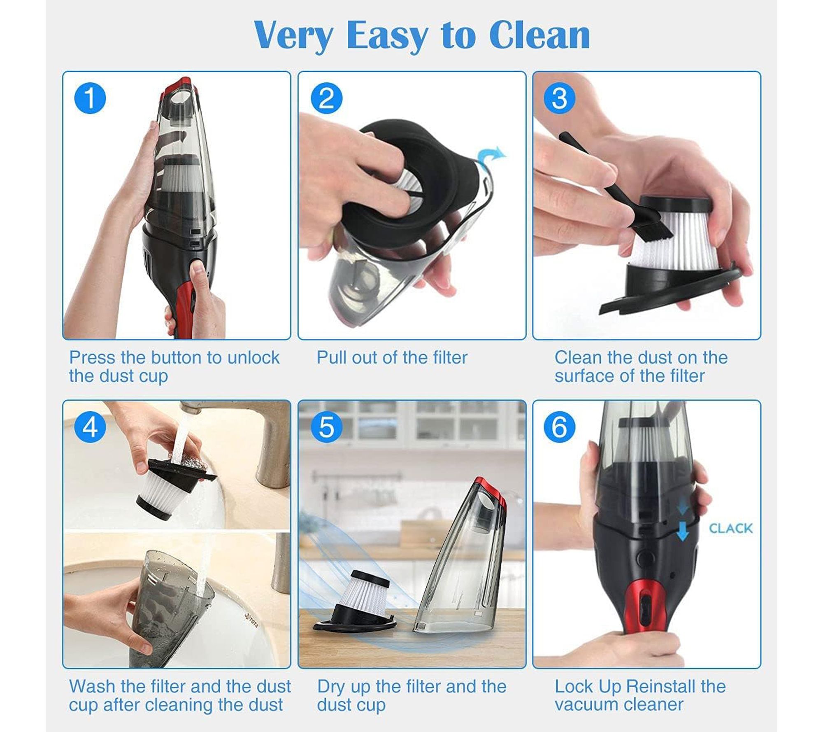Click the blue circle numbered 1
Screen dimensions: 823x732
pos(90,98)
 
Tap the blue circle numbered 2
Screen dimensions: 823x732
pos(326,98)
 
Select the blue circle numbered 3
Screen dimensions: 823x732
pos(560,98)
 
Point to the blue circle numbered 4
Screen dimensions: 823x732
pos(90,427)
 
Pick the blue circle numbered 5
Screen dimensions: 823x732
pos(326,427)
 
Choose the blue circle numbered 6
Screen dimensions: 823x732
pos(560,427)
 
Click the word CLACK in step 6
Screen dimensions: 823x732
pos(731,528)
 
